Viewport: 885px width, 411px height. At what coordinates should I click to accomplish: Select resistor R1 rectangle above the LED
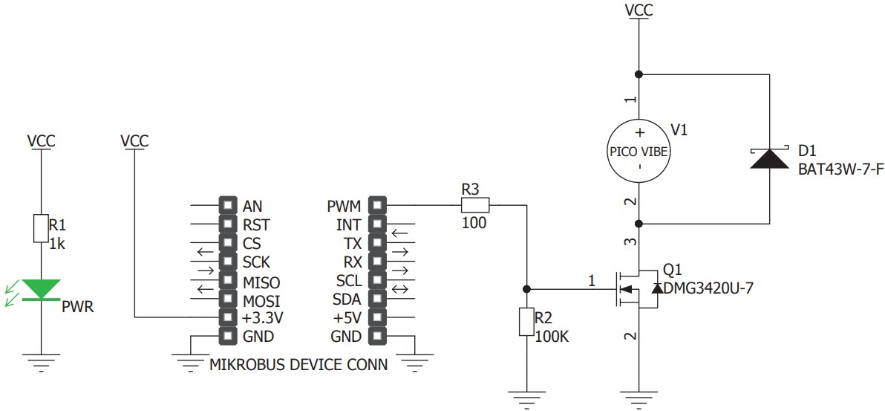point(41,228)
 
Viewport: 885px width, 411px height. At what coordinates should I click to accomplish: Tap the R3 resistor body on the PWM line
point(475,205)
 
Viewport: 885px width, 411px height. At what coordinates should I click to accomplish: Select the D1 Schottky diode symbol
point(769,158)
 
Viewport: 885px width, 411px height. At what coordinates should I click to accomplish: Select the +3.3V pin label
point(263,318)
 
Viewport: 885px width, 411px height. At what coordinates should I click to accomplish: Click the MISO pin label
point(261,282)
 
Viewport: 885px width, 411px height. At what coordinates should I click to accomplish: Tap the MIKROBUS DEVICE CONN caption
point(298,365)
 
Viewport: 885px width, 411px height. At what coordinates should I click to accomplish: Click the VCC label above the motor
point(639,10)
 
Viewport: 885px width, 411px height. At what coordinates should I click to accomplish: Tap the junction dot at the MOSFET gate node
point(526,288)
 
